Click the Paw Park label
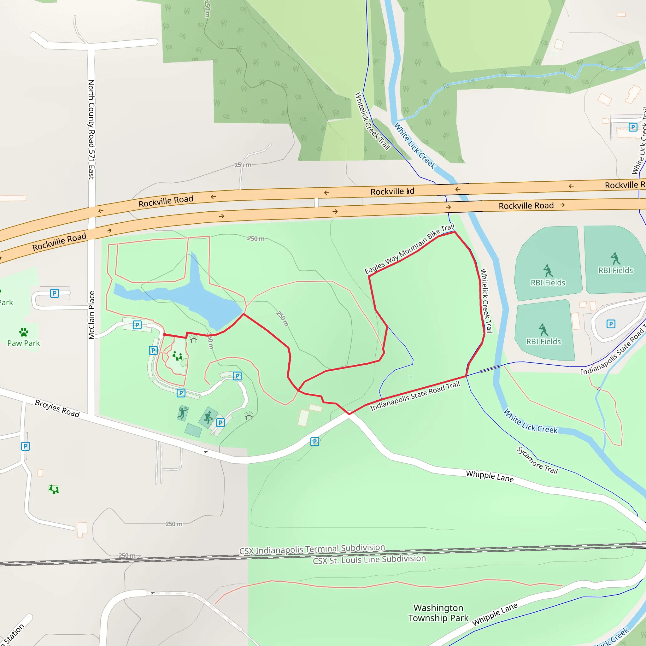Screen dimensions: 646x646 23,343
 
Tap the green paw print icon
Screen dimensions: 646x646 23,332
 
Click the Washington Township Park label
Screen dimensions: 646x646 438,613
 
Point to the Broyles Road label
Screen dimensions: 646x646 57,408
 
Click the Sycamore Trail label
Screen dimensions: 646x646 537,461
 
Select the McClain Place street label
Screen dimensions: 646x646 91,315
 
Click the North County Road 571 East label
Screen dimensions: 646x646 91,129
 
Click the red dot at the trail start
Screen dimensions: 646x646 165,334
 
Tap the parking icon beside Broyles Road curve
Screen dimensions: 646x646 314,442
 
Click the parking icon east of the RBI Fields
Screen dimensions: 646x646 611,324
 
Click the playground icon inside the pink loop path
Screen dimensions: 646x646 177,356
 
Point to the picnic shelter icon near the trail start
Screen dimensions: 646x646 194,340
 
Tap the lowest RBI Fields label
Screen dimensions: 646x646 543,341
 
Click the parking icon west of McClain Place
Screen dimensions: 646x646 55,293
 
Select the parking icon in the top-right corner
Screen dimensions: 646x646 633,127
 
